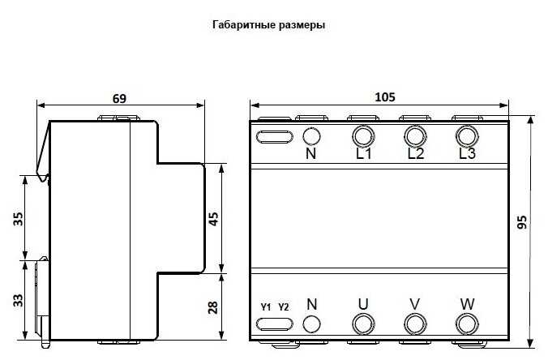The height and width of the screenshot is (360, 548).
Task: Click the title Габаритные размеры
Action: [268, 25]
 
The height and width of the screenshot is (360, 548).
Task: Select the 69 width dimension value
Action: [119, 99]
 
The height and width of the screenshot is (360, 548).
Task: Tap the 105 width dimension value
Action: [385, 97]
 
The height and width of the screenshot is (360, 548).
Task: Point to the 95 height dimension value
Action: [522, 222]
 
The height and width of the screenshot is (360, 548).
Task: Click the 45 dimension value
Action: [213, 219]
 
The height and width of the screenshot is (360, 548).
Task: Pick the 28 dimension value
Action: [212, 307]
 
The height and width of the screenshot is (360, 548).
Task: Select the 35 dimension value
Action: [18, 219]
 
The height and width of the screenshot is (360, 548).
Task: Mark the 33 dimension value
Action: [18, 301]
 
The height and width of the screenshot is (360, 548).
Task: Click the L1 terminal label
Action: [364, 153]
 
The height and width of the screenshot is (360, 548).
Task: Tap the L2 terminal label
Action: [416, 153]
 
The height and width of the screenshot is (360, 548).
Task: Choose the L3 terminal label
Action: [467, 153]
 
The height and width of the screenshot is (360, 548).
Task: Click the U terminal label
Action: [363, 304]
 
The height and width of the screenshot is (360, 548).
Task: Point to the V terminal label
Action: [415, 304]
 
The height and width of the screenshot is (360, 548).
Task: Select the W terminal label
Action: [467, 304]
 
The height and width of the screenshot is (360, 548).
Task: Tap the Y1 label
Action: [266, 307]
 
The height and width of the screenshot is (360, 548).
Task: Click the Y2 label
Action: [284, 307]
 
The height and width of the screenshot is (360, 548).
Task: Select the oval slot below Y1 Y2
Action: [275, 319]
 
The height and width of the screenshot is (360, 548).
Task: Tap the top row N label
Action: [310, 153]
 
